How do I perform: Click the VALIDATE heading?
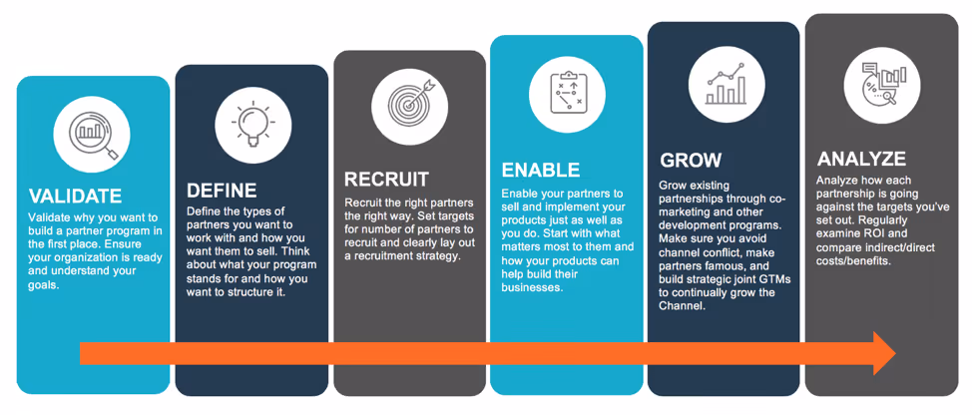[x=76, y=196]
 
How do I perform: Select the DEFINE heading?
[x=223, y=190]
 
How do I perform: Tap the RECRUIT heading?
[x=386, y=180]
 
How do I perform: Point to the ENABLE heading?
[x=540, y=170]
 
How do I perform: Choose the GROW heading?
[x=691, y=161]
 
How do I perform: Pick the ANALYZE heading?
[x=861, y=159]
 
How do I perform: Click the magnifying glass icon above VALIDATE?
[x=92, y=133]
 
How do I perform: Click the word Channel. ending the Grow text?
[x=683, y=306]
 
